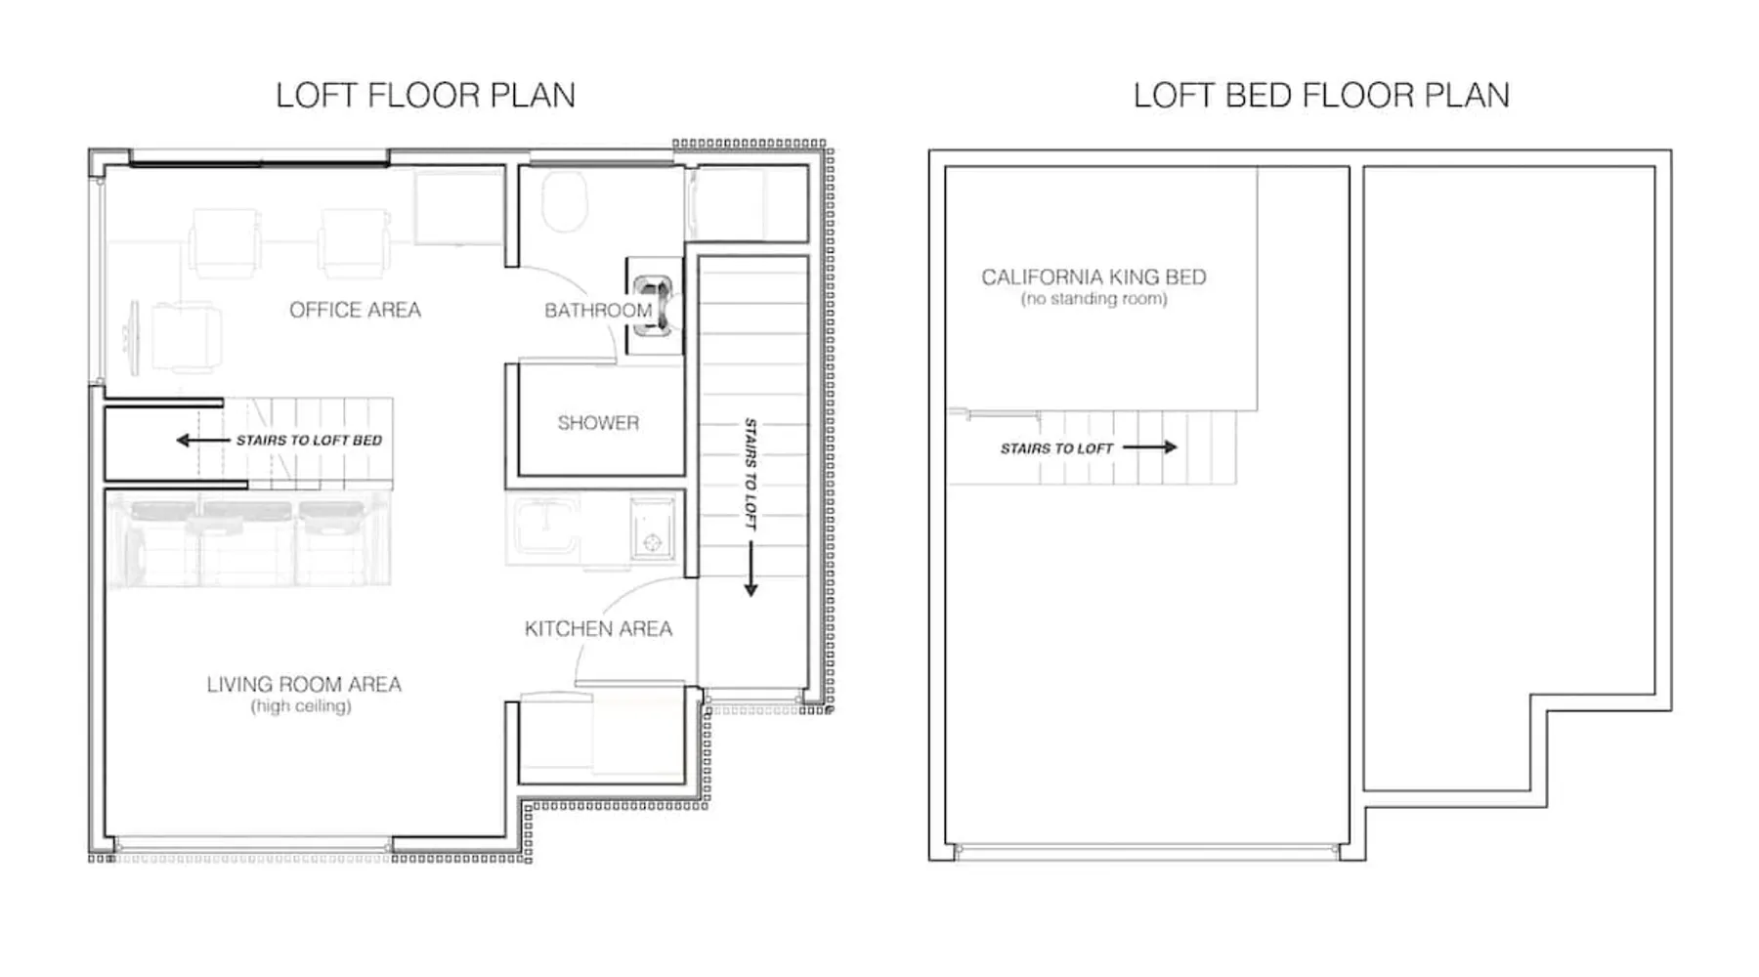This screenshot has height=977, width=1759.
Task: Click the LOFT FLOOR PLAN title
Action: click(425, 95)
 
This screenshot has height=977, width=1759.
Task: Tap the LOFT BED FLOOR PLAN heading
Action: click(1321, 95)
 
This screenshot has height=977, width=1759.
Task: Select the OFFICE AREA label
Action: click(355, 310)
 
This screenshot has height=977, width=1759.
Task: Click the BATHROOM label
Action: click(598, 311)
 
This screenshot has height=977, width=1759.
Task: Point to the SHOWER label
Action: click(598, 423)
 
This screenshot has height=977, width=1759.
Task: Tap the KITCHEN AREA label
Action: click(598, 629)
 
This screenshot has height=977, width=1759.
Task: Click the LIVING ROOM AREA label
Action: click(304, 684)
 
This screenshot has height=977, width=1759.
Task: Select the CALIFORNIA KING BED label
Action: click(1094, 276)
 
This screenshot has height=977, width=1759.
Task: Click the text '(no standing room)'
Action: click(1094, 299)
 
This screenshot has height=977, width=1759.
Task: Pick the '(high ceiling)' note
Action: click(301, 705)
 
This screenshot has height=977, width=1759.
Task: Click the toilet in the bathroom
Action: click(564, 201)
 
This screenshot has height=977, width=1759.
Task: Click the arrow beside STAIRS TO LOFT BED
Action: click(202, 441)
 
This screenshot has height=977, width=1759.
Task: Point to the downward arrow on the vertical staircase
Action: click(751, 569)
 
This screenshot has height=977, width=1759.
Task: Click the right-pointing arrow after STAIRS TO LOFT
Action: click(1150, 447)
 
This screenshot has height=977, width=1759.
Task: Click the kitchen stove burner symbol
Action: click(652, 541)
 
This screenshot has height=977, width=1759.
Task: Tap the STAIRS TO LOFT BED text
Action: click(309, 441)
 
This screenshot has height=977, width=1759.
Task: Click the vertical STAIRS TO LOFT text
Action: click(751, 474)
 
